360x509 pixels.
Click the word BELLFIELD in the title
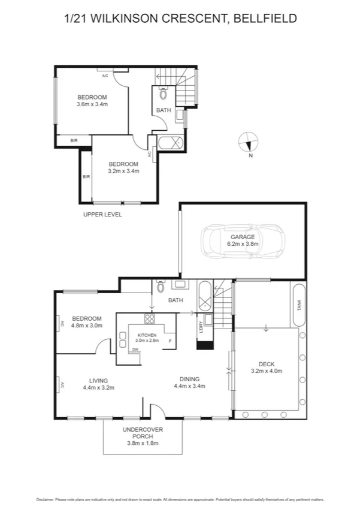tap(266, 19)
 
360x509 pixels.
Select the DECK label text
tap(266, 364)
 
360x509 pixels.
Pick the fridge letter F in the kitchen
tap(170, 341)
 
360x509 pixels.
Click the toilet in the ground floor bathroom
tap(159, 287)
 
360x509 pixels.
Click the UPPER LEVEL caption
tap(102, 214)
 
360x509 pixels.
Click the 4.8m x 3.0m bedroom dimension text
tap(87, 326)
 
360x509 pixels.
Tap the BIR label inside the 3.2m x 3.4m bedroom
tap(86, 177)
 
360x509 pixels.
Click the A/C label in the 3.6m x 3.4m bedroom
tap(105, 76)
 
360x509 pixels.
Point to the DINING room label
tap(189, 379)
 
